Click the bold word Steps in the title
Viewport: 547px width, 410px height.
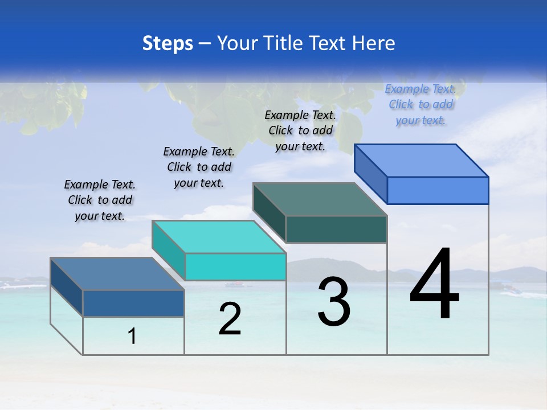click(x=168, y=43)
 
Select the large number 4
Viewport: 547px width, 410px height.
click(x=434, y=284)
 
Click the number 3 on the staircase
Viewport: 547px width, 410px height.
click(x=334, y=302)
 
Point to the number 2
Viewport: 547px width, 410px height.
click(x=230, y=319)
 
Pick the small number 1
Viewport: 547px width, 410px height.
click(x=132, y=337)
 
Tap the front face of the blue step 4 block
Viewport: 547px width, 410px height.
click(x=438, y=190)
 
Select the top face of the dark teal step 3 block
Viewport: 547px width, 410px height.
click(x=320, y=199)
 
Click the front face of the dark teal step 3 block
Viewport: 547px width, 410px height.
click(x=336, y=229)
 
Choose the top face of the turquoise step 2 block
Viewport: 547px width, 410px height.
click(x=219, y=237)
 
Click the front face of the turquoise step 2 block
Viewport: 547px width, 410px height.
click(x=235, y=266)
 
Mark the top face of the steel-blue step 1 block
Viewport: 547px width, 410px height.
click(x=117, y=274)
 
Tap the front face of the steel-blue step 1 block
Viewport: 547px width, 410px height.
click(x=133, y=303)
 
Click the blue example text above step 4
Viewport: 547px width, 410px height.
click(x=421, y=105)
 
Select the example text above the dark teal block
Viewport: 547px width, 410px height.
click(x=300, y=130)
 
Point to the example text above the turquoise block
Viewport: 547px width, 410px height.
click(x=199, y=167)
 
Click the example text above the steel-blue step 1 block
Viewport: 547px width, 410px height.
click(x=100, y=200)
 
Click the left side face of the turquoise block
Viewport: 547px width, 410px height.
click(x=169, y=249)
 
